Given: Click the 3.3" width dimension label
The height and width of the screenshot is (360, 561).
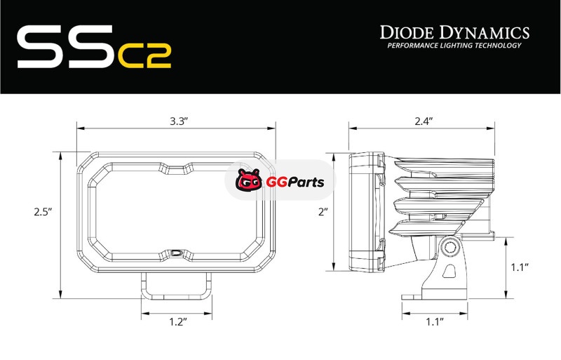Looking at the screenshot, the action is point(179,121).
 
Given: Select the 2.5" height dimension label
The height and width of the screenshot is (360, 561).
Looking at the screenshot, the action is point(43,212).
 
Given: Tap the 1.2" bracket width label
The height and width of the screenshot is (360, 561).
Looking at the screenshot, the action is point(178,321).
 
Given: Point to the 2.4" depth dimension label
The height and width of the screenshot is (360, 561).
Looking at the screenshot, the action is point(424,121).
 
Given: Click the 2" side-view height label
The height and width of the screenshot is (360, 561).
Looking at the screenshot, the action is point(323,212).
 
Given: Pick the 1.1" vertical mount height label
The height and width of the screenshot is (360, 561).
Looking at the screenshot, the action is point(520,267).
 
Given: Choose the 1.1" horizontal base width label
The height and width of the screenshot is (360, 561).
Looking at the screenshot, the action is point(435,321).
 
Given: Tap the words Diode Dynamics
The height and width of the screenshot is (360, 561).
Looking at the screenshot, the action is point(454,32).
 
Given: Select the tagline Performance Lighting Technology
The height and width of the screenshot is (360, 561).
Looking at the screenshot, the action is point(454,46).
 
